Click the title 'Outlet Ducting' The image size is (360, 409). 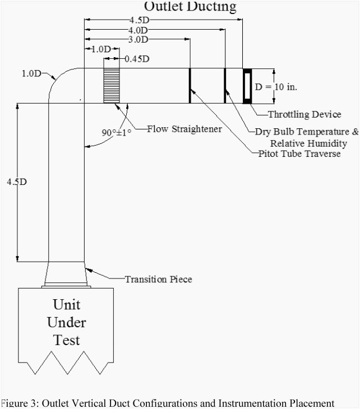coord(190,7)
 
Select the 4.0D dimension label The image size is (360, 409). coord(137,30)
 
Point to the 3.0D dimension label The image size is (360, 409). coord(137,40)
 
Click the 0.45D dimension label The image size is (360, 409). coord(137,58)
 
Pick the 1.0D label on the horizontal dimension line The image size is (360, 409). coord(101,49)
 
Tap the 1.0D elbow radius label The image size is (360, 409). coord(31,73)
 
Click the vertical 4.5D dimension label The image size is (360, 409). coord(16,182)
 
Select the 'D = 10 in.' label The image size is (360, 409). coord(276,87)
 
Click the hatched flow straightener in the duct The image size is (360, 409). coord(112,86)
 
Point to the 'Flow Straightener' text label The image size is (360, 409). coord(184,129)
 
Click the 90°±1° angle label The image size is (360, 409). coord(116,133)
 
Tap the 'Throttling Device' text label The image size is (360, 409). coord(304,114)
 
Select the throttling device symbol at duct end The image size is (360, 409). coord(247,86)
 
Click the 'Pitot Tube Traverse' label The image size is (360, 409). coord(299,154)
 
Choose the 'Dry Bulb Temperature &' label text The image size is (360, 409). coord(306,132)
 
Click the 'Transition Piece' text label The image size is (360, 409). coord(158,278)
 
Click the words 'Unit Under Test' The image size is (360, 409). coord(67,322)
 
